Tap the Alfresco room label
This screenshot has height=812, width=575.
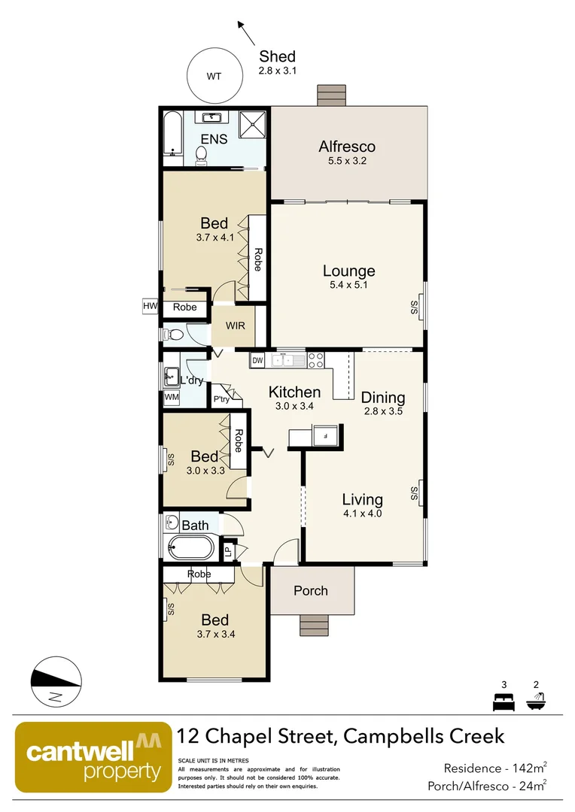click(347, 147)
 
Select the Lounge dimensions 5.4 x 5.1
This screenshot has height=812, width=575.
click(348, 285)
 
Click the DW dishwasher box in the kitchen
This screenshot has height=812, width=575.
click(257, 361)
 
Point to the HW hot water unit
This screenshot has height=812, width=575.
click(150, 306)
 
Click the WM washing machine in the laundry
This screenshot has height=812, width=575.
click(171, 396)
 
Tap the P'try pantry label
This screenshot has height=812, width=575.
click(221, 399)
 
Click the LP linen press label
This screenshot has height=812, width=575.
click(228, 552)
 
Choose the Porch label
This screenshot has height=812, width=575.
click(311, 590)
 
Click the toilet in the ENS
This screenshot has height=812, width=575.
click(202, 154)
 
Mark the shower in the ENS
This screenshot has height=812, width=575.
click(253, 124)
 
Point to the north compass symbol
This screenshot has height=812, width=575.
click(55, 682)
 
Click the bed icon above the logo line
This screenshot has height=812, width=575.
click(503, 702)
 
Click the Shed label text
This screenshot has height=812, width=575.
click(277, 56)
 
